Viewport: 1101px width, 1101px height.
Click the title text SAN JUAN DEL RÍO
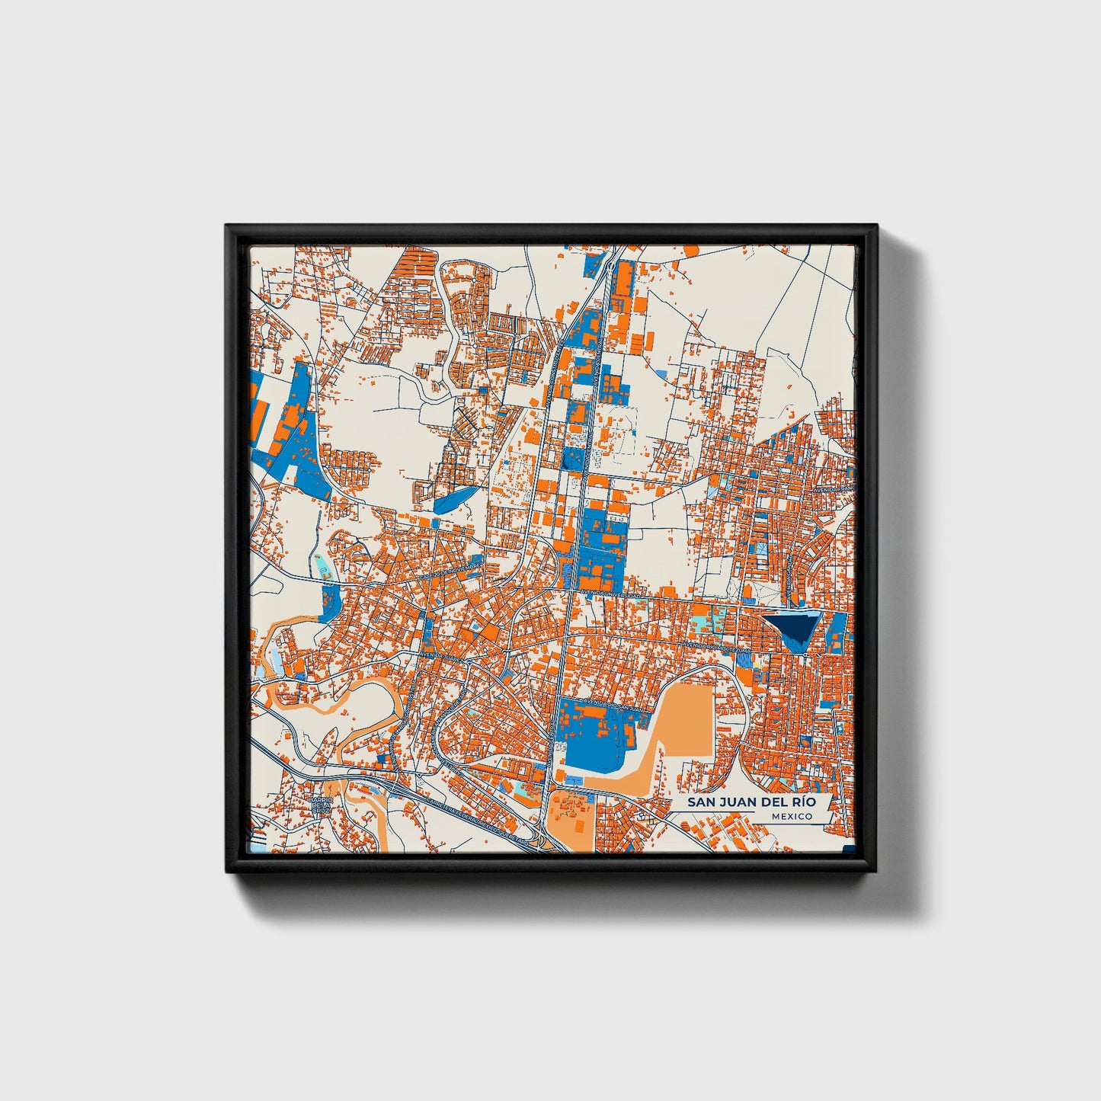(x=751, y=802)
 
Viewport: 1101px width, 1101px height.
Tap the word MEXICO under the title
(x=792, y=817)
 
